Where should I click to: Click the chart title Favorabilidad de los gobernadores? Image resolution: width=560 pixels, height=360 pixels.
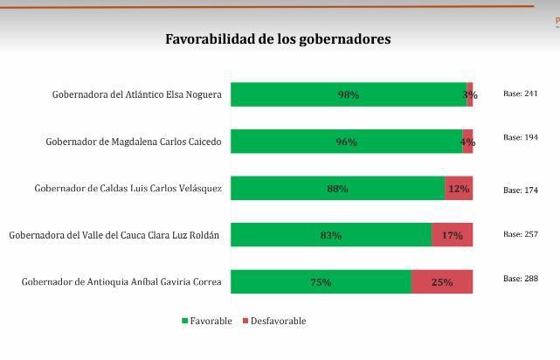pyautogui.click(x=278, y=39)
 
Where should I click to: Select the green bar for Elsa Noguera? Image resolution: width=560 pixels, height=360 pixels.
pyautogui.click(x=348, y=94)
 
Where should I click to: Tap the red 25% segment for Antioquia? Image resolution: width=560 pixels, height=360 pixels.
pyautogui.click(x=442, y=281)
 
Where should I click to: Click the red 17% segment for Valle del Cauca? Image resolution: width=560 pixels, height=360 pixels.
pyautogui.click(x=452, y=235)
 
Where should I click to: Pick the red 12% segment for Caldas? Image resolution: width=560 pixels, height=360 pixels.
pyautogui.click(x=459, y=188)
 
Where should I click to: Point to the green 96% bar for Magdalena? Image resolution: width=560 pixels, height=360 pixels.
pyautogui.click(x=346, y=142)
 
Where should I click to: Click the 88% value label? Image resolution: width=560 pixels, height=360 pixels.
pyautogui.click(x=337, y=189)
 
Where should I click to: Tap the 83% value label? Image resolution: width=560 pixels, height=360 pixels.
pyautogui.click(x=331, y=235)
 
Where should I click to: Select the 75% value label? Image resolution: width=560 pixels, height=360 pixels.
pyautogui.click(x=321, y=282)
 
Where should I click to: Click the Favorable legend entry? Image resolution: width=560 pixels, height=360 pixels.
pyautogui.click(x=207, y=321)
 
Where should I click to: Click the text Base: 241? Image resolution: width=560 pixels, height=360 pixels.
pyautogui.click(x=520, y=93)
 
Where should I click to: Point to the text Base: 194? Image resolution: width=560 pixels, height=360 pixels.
pyautogui.click(x=520, y=137)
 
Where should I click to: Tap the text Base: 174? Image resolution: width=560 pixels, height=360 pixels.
pyautogui.click(x=520, y=190)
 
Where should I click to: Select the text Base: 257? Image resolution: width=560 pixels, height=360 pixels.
pyautogui.click(x=520, y=234)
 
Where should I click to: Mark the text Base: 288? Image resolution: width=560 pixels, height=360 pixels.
pyautogui.click(x=520, y=279)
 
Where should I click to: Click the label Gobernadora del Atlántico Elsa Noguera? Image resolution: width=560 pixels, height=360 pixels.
pyautogui.click(x=137, y=94)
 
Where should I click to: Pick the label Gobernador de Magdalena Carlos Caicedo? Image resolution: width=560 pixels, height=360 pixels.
pyautogui.click(x=134, y=142)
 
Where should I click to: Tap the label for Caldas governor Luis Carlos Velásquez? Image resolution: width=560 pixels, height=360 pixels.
pyautogui.click(x=128, y=188)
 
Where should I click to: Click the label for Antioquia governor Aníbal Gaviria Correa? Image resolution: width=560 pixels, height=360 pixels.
pyautogui.click(x=121, y=281)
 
